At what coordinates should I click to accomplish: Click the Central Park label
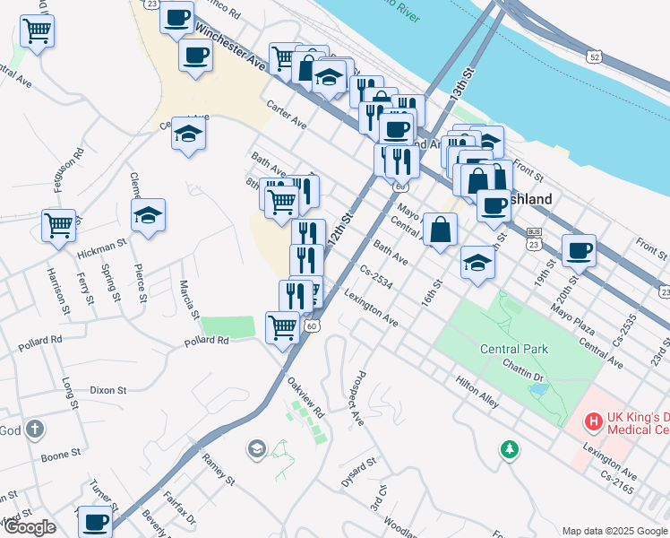click(x=514, y=349)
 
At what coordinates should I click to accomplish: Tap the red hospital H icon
click(x=592, y=421)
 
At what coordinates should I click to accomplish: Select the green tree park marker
click(x=510, y=447)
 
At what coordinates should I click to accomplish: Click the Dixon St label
click(x=108, y=390)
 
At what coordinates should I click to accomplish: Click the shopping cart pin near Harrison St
click(x=59, y=225)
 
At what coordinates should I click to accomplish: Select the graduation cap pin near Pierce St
click(x=149, y=215)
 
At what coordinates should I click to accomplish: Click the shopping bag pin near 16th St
click(x=441, y=230)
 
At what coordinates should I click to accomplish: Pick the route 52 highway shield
click(x=594, y=56)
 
